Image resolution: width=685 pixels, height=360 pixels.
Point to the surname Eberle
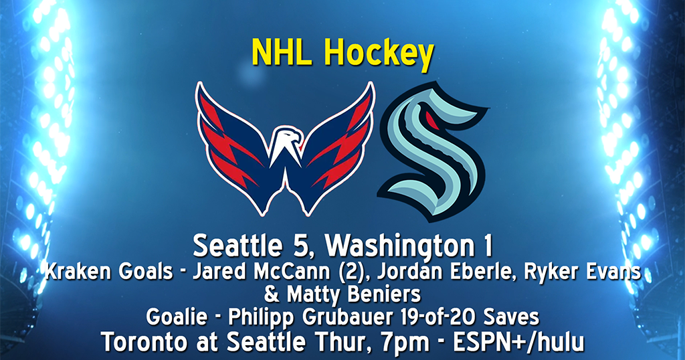pos(431,273)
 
